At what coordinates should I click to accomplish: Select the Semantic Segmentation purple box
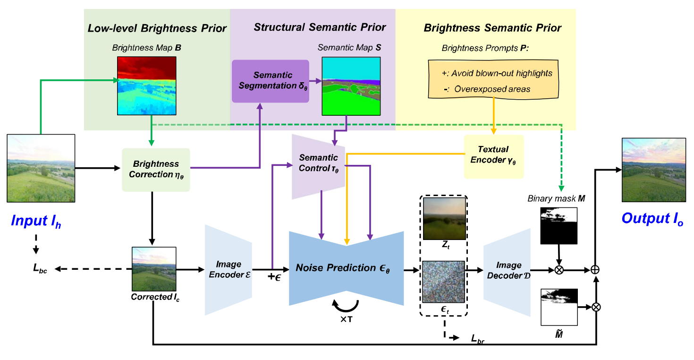[270, 81]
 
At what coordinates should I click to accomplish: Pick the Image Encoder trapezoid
[229, 270]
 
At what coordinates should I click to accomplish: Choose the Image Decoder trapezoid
[507, 271]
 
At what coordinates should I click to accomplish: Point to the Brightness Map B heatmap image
[146, 86]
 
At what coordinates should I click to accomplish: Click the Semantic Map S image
[351, 86]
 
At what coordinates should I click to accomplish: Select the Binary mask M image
[559, 226]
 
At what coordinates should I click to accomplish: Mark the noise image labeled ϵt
[444, 283]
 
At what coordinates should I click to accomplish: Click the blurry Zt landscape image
[444, 218]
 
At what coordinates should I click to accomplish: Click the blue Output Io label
[649, 218]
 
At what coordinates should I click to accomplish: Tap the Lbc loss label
[40, 269]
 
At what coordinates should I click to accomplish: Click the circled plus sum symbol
[595, 270]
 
